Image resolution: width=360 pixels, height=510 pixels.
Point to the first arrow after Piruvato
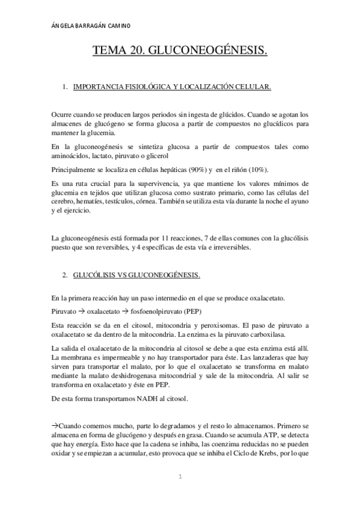[81, 312]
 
